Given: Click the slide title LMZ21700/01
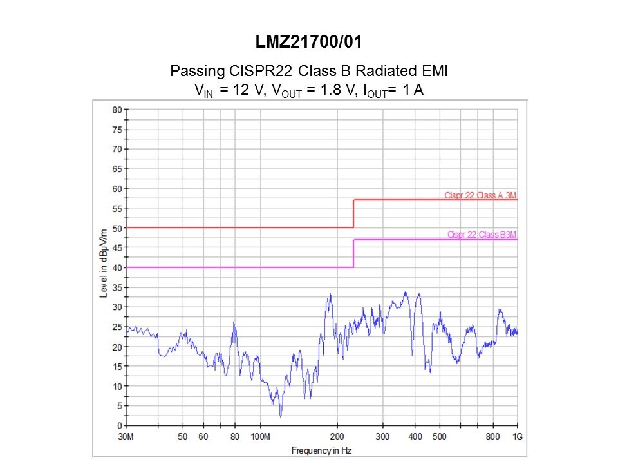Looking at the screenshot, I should tap(308, 44).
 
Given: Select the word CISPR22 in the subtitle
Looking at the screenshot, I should tap(248, 71).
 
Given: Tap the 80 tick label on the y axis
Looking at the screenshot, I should tap(117, 110).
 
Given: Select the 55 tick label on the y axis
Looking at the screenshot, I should tap(117, 208).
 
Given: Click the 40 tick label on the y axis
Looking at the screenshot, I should tap(117, 267).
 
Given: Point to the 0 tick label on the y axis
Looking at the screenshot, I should tap(119, 426).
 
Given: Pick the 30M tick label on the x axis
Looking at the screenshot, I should tap(127, 436).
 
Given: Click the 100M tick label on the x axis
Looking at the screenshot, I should tap(260, 436).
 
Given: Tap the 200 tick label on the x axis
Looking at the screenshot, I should tap(337, 436).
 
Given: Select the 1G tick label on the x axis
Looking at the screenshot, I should tap(517, 436).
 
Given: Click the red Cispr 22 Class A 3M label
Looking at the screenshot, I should tap(480, 195).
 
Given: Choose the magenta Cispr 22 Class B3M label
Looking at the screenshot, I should tap(482, 235).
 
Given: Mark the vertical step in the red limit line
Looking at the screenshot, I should tap(353, 213).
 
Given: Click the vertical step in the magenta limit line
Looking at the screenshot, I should tap(353, 253).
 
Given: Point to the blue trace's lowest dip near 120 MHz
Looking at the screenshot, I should tap(281, 416).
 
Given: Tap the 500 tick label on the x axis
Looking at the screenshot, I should tap(440, 436).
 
